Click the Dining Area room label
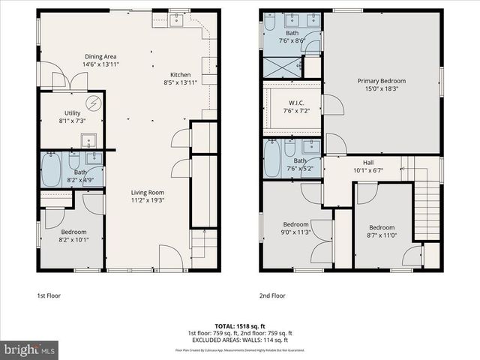pyautogui.click(x=100, y=56)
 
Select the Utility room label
pyautogui.click(x=72, y=112)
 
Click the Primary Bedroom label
pyautogui.click(x=381, y=81)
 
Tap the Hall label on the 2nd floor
pyautogui.click(x=368, y=162)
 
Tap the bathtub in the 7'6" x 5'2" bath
pyautogui.click(x=271, y=158)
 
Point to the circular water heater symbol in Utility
pyautogui.click(x=94, y=103)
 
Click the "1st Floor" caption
pyautogui.click(x=49, y=296)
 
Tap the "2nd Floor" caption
pyautogui.click(x=271, y=296)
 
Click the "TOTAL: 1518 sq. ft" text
pyautogui.click(x=240, y=326)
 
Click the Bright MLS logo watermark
pyautogui.click(x=30, y=349)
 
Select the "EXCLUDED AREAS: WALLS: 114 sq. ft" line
pyautogui.click(x=240, y=340)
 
